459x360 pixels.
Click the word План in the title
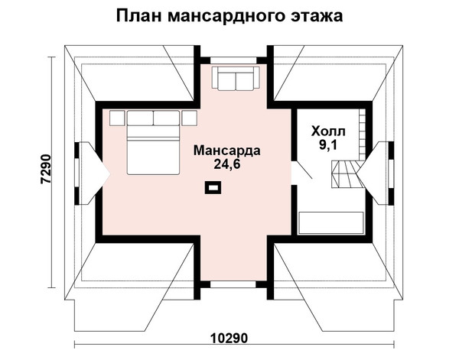(138, 16)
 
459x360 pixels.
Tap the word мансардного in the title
(226, 17)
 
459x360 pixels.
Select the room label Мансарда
(227, 151)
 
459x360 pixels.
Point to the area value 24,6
(227, 164)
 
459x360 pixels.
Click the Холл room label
(328, 131)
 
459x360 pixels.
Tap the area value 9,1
(328, 144)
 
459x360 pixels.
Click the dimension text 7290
(46, 169)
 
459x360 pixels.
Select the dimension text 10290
(229, 339)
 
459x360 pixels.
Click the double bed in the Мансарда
(153, 143)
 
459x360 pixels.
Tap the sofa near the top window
(236, 78)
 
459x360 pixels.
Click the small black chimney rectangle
(213, 187)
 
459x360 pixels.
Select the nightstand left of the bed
(117, 118)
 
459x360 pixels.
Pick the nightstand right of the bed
(189, 118)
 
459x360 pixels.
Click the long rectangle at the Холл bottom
(330, 223)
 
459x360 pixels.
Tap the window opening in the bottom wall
(233, 284)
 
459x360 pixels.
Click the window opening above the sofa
(233, 60)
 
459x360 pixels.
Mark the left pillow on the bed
(140, 118)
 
